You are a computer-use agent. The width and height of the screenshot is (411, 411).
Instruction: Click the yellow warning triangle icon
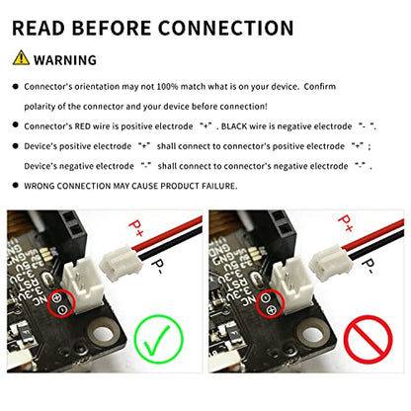coord(21,57)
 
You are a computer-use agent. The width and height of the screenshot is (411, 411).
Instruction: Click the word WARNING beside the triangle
coord(65,60)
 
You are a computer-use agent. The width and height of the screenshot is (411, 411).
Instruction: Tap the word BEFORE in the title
coord(112,28)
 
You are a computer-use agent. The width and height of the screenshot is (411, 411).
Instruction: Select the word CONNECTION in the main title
coord(226,28)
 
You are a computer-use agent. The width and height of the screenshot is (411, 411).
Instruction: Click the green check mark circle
coord(158,339)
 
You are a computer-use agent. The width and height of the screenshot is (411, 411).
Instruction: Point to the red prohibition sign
coord(369,340)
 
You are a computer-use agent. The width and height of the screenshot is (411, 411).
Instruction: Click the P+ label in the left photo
coord(136,227)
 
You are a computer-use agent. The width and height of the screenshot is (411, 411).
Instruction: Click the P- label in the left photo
coord(158,267)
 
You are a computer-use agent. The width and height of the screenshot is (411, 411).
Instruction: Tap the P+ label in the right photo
coord(346,223)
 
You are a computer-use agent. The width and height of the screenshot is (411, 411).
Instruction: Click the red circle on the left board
coord(62,303)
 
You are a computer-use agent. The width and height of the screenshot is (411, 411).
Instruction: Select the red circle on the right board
coord(270,304)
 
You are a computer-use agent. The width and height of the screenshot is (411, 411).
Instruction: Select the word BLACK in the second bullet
coord(234,126)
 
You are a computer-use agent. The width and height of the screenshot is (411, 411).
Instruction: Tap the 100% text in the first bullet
coord(167,87)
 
